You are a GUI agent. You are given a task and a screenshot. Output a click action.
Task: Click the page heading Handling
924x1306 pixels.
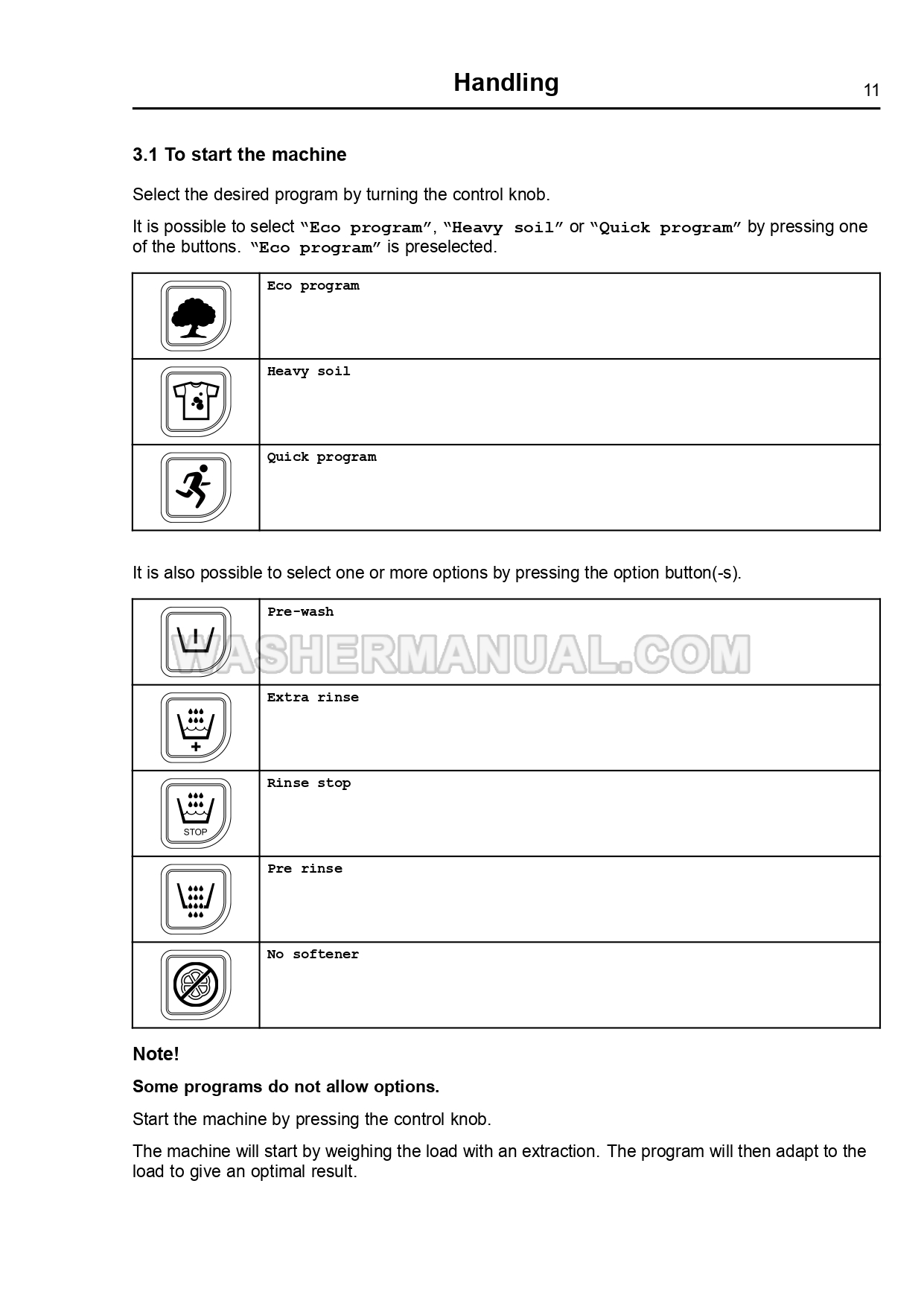[506, 83]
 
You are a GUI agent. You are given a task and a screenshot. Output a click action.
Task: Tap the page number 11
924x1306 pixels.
[871, 91]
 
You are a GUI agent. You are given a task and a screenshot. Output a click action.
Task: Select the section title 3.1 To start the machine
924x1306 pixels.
[239, 155]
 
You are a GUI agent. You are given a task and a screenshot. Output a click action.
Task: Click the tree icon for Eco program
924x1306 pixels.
[195, 316]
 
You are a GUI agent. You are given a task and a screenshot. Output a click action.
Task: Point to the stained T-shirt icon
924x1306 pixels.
[195, 402]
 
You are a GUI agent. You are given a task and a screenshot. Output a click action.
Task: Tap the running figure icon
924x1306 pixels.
[195, 488]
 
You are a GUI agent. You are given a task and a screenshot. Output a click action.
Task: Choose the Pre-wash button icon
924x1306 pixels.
[195, 641]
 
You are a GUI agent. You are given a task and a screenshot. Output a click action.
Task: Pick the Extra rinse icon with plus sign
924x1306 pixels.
[195, 727]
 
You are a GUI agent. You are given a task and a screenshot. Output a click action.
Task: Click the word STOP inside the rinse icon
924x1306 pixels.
[195, 832]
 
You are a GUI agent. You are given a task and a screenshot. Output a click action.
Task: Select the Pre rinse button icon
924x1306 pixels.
[195, 899]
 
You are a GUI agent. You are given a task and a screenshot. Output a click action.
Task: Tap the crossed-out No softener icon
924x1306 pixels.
[195, 984]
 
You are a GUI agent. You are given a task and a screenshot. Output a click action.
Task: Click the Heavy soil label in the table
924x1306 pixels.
[308, 372]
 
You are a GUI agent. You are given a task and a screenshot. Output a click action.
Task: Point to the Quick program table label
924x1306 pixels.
[322, 457]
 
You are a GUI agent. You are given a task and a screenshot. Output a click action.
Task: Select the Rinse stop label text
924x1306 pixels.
[308, 783]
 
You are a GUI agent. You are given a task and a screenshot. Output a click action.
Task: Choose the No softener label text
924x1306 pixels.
[313, 955]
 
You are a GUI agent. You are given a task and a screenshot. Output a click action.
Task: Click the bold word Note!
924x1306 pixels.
[156, 1054]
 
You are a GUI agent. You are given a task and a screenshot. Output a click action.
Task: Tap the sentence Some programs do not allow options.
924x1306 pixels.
[286, 1087]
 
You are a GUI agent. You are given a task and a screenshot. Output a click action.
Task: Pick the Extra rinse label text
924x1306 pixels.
[313, 698]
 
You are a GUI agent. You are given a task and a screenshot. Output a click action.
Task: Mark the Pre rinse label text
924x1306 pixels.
[305, 869]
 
